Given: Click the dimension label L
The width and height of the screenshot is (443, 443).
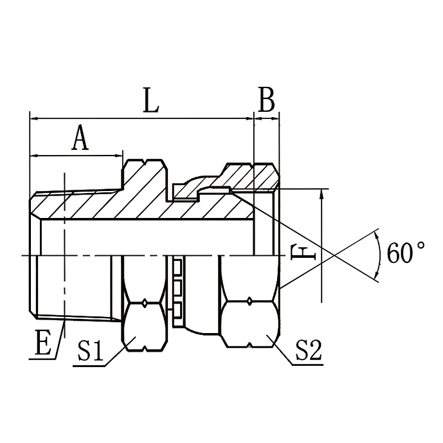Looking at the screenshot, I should [150, 101].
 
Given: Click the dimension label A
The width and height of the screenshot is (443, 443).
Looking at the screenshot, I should [79, 138].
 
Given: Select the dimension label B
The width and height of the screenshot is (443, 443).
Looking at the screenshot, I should [266, 101].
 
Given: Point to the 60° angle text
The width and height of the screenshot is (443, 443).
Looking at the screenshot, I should [406, 253].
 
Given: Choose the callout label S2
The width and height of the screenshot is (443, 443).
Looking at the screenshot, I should [309, 350].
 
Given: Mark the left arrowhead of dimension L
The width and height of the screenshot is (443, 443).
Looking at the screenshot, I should [33, 118].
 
